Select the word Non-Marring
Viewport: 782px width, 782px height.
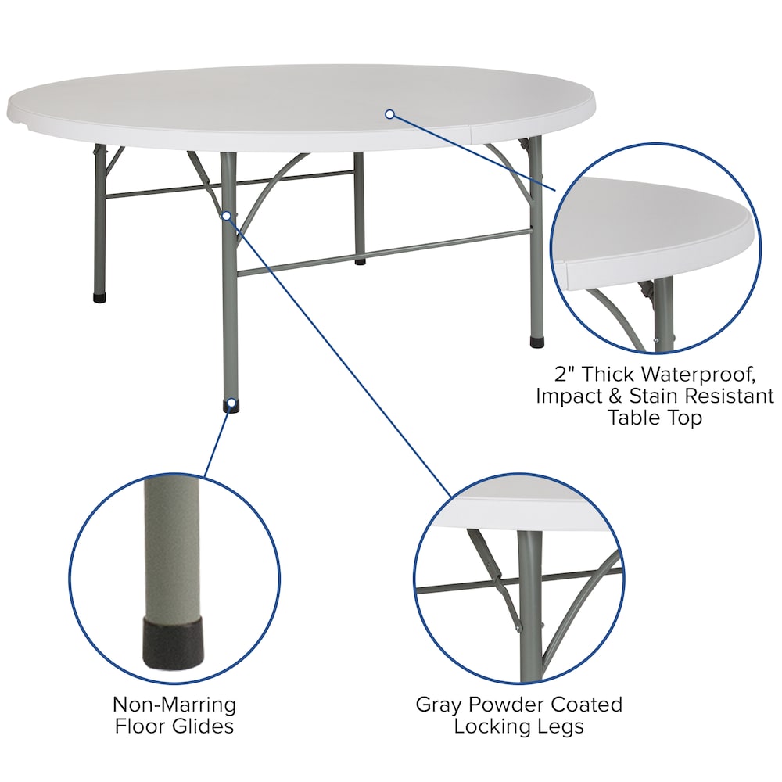(174, 704)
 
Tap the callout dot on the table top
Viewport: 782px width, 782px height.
(389, 114)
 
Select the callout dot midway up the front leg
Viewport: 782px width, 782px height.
(226, 215)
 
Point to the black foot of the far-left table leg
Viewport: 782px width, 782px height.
(99, 298)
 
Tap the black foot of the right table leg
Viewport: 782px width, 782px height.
(536, 342)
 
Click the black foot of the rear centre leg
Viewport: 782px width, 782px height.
(360, 260)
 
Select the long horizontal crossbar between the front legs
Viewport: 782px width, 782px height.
(383, 252)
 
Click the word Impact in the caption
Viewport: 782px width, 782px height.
(565, 395)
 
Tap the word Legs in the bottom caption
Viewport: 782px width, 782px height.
(560, 726)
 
